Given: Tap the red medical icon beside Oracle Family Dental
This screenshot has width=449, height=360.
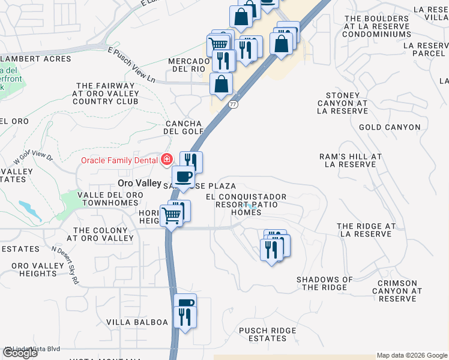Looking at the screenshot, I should point(166,160).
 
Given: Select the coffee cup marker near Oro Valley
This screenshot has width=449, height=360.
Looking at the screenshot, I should point(183,176).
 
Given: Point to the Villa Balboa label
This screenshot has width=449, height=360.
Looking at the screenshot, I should point(137,322).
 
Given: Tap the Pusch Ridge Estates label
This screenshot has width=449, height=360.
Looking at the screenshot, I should point(267,334).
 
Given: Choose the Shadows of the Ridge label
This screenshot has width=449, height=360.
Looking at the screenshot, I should point(325,283).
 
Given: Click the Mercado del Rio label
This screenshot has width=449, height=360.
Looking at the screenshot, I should point(187,65).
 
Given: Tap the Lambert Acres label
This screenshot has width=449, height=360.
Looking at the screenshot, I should point(35,59).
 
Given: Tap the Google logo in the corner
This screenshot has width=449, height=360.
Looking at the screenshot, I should point(20,353).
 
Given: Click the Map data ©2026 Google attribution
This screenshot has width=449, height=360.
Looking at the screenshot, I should point(412,355).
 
